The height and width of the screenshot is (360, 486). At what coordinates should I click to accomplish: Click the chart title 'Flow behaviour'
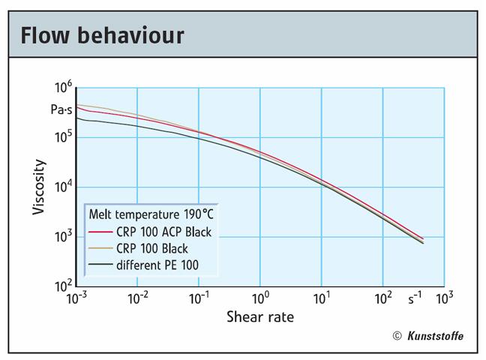pos(102,34)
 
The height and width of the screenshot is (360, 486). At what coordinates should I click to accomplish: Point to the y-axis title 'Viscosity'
pos(39,187)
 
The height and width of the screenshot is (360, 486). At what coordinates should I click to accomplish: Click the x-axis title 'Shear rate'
pos(260,317)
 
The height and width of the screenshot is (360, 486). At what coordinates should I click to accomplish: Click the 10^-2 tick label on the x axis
pos(137,298)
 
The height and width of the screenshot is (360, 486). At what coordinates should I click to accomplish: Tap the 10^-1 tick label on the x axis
pos(199,298)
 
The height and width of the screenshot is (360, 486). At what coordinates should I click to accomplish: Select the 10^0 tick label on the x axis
pos(260,298)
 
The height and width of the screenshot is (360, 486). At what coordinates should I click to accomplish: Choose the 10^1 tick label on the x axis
pos(322,298)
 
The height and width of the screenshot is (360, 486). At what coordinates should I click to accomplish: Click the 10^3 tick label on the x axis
pos(444,298)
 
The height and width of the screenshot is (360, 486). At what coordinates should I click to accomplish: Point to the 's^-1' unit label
pos(415,298)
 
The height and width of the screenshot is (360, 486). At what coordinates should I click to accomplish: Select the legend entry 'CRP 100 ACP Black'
pos(163,232)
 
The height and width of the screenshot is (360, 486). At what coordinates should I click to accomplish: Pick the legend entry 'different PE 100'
pos(157,265)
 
